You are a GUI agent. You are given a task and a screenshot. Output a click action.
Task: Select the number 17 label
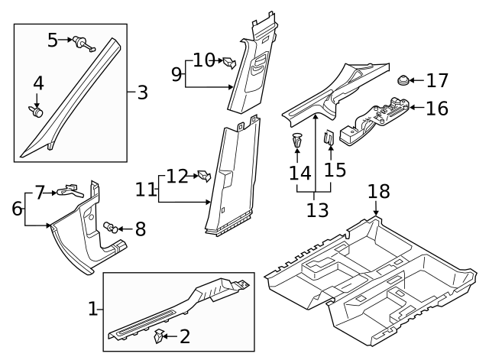(x=436, y=79)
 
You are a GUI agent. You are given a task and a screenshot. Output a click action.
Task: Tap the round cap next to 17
(x=404, y=79)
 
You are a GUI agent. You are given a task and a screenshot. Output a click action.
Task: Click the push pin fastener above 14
(x=297, y=141)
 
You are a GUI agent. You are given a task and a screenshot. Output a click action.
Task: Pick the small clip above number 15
(x=329, y=139)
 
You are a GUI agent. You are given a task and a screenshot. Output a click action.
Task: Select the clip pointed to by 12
(x=204, y=176)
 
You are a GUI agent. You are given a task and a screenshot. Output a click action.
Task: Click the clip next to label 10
(x=228, y=61)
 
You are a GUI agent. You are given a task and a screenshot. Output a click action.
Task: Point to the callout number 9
(x=176, y=75)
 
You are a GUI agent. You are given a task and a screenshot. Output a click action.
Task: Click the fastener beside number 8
(x=112, y=226)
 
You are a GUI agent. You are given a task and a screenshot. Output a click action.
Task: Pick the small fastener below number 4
(x=37, y=112)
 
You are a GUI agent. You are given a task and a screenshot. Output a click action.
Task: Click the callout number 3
(x=142, y=93)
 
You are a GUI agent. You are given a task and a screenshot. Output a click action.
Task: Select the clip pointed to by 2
(x=160, y=334)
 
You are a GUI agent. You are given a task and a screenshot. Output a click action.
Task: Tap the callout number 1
(x=93, y=309)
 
